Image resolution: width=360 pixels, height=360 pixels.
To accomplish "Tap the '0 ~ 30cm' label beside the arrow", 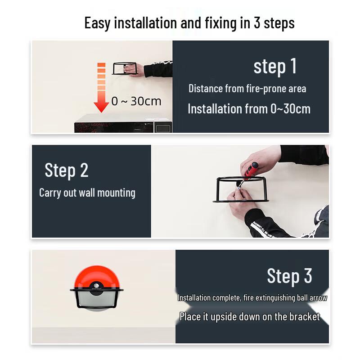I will tap(136, 101).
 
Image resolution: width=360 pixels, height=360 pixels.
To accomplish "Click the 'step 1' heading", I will tap(275, 67).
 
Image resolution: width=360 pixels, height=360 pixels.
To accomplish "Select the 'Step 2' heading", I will tap(67, 171).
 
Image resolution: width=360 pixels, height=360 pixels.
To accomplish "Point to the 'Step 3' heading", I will tap(289, 276).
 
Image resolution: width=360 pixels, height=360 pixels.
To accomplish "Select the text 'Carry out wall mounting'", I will tap(87, 193).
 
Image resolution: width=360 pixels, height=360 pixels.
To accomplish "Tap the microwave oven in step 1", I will tap(122, 124).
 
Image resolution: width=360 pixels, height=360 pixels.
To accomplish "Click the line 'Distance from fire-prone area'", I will tap(247, 88).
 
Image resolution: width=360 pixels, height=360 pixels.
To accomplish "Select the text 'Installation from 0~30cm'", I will tap(249, 109).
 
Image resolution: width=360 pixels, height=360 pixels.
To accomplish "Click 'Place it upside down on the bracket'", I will tap(249, 316).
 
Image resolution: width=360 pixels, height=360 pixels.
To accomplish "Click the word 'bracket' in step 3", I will tap(304, 316).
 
